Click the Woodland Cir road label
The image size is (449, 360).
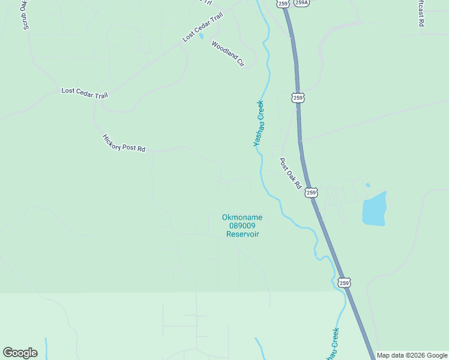click(x=228, y=53)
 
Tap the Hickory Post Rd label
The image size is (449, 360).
click(x=124, y=143)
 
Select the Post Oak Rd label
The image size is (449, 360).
click(x=290, y=173)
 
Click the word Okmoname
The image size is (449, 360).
click(x=243, y=217)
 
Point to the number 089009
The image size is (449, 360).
click(x=243, y=226)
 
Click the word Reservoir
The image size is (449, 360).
click(x=243, y=234)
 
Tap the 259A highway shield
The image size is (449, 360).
click(x=302, y=3)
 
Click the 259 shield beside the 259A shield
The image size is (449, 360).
click(x=283, y=3)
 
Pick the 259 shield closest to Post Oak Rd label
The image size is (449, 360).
click(x=310, y=193)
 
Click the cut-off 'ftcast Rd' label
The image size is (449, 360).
click(x=421, y=12)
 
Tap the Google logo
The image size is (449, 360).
click(x=20, y=353)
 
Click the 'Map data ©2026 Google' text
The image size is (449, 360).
click(x=412, y=355)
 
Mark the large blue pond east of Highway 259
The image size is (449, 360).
click(x=374, y=209)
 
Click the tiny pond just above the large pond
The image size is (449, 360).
click(x=368, y=185)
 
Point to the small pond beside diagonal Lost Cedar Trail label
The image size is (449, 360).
click(x=202, y=36)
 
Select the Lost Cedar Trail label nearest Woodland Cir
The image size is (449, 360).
click(x=202, y=27)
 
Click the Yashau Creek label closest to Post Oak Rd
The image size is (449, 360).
click(x=259, y=124)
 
